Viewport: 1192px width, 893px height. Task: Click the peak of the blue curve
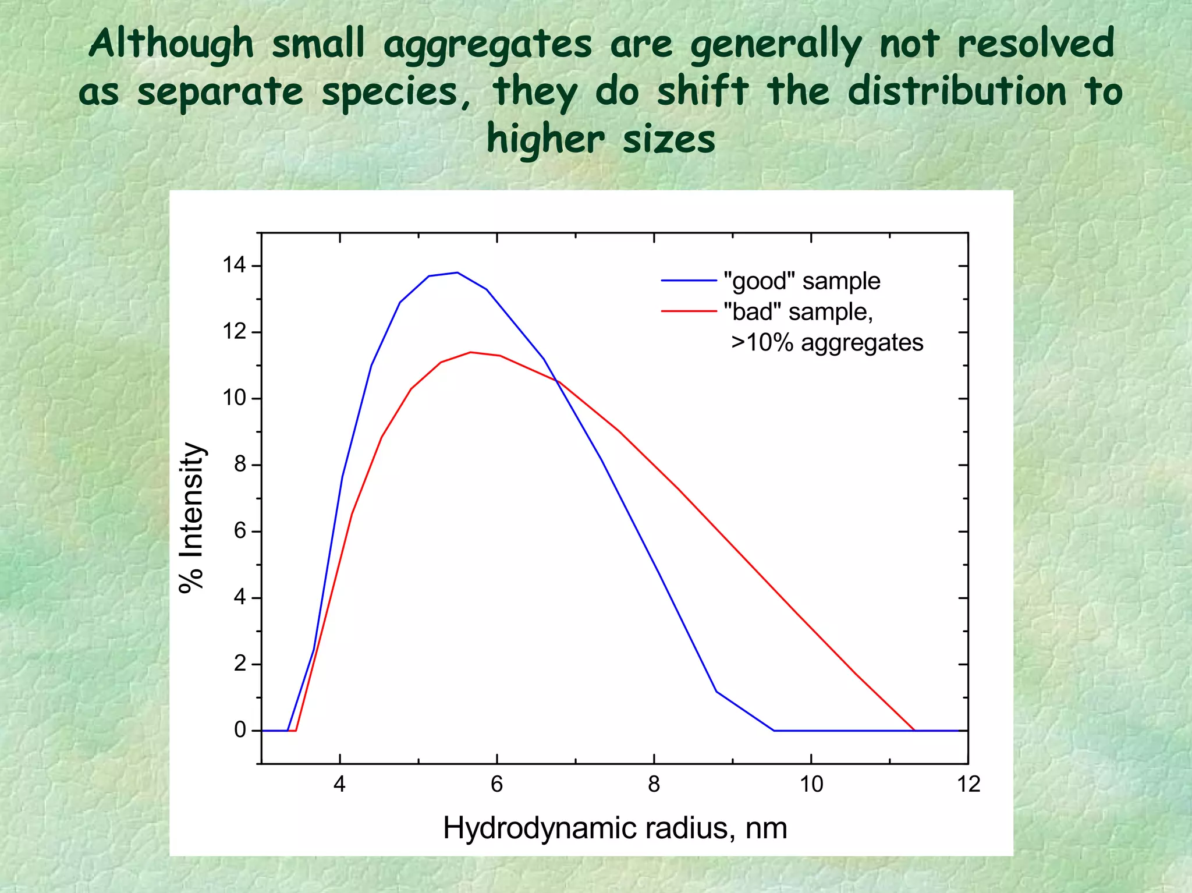click(x=457, y=272)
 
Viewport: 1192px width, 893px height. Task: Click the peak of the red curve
click(x=470, y=352)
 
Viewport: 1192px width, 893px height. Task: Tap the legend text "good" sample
click(x=801, y=281)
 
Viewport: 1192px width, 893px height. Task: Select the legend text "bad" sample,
click(x=798, y=312)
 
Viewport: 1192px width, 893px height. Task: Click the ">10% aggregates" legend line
click(x=827, y=343)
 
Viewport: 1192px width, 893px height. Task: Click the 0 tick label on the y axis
click(x=240, y=730)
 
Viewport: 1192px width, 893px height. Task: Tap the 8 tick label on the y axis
click(x=240, y=465)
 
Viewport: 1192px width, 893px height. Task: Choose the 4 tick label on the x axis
click(x=339, y=784)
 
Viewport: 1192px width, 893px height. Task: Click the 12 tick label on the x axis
click(x=968, y=784)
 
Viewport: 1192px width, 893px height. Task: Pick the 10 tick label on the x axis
click(x=811, y=784)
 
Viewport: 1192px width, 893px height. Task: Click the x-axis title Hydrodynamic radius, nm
click(x=615, y=828)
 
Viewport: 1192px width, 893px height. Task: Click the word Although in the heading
click(x=172, y=44)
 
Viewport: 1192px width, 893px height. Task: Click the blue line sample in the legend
click(x=689, y=281)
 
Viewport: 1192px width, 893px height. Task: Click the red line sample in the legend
click(x=689, y=312)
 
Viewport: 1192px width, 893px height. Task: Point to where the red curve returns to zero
click(x=914, y=730)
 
